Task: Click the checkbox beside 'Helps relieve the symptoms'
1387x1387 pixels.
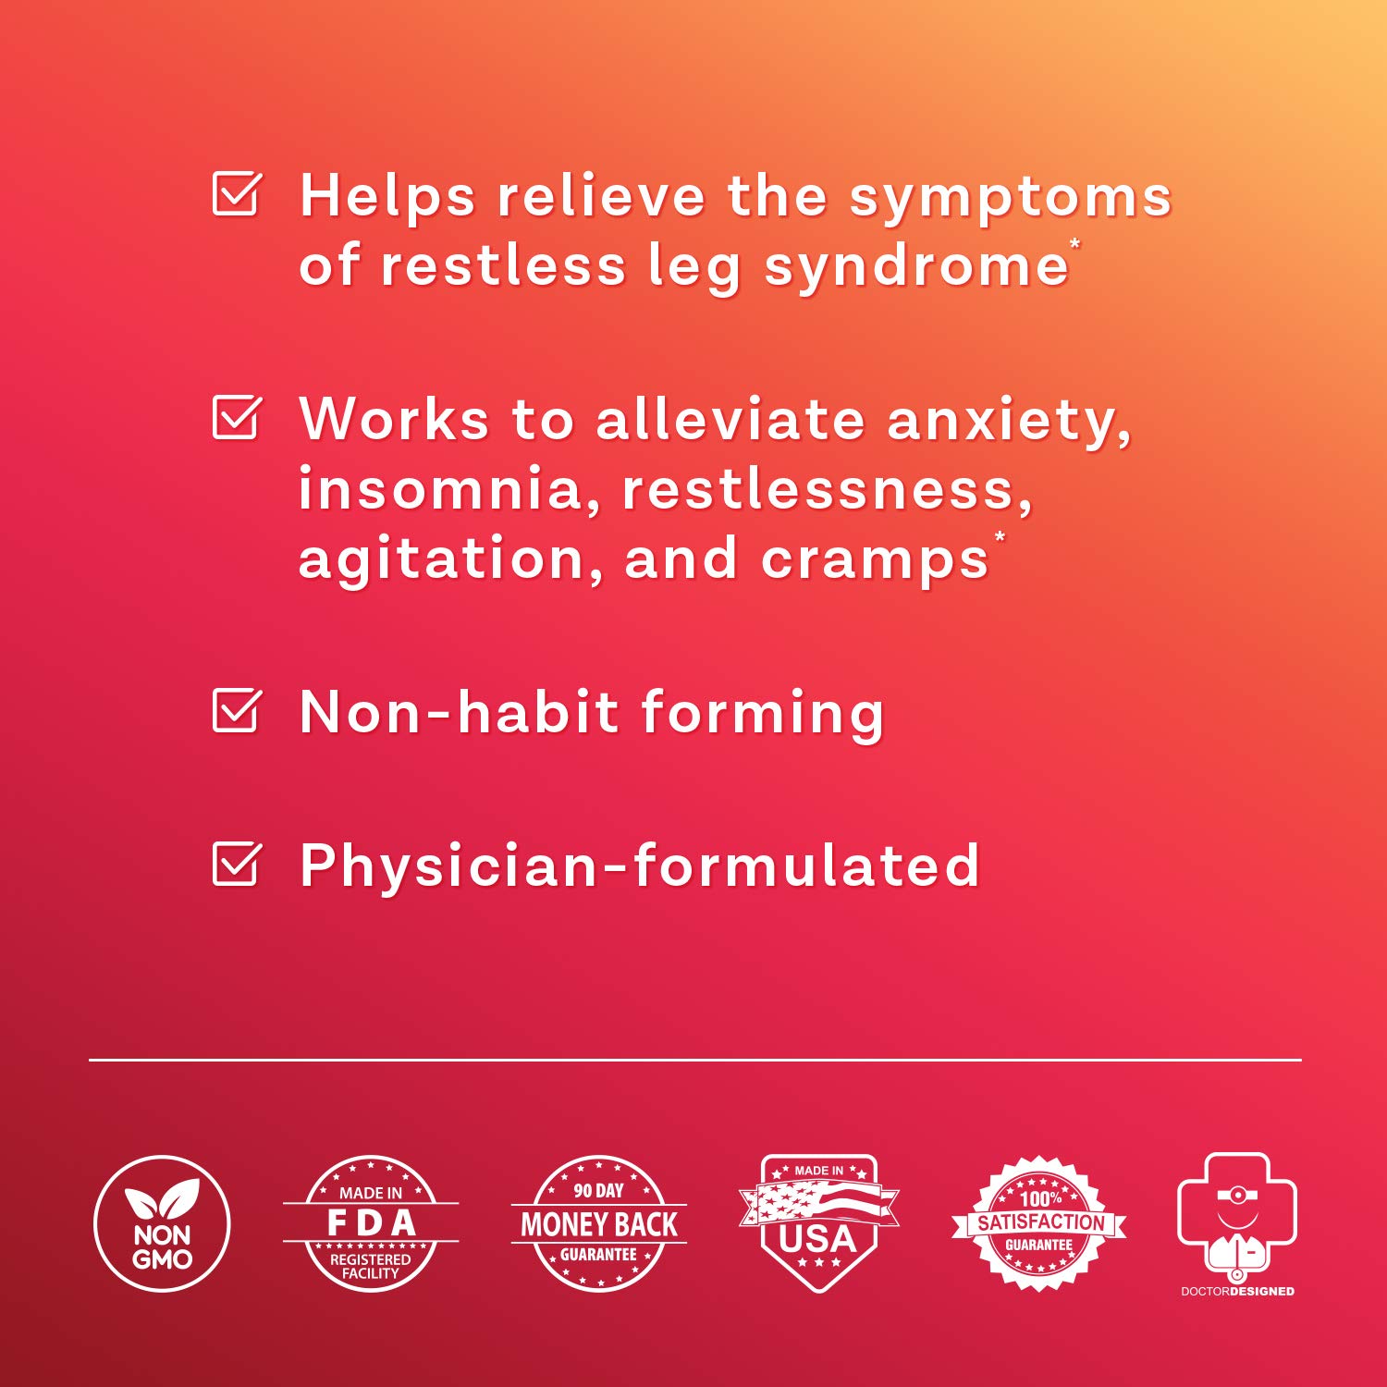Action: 236,194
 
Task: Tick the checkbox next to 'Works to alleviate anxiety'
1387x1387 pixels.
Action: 236,418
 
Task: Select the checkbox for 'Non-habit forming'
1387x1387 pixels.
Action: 236,710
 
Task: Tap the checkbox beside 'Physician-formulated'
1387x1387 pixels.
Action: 236,864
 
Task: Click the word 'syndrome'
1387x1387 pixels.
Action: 915,268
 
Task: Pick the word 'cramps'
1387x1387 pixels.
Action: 874,560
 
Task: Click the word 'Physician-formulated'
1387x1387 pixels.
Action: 639,866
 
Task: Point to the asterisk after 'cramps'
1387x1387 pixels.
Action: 1000,537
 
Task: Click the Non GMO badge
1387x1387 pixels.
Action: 162,1223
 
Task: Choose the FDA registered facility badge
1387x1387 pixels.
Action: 370,1223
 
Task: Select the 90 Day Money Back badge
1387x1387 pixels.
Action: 598,1223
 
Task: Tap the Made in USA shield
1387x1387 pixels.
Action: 818,1221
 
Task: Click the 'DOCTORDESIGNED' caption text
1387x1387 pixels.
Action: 1237,1292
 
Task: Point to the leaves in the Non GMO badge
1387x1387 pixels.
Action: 163,1199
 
